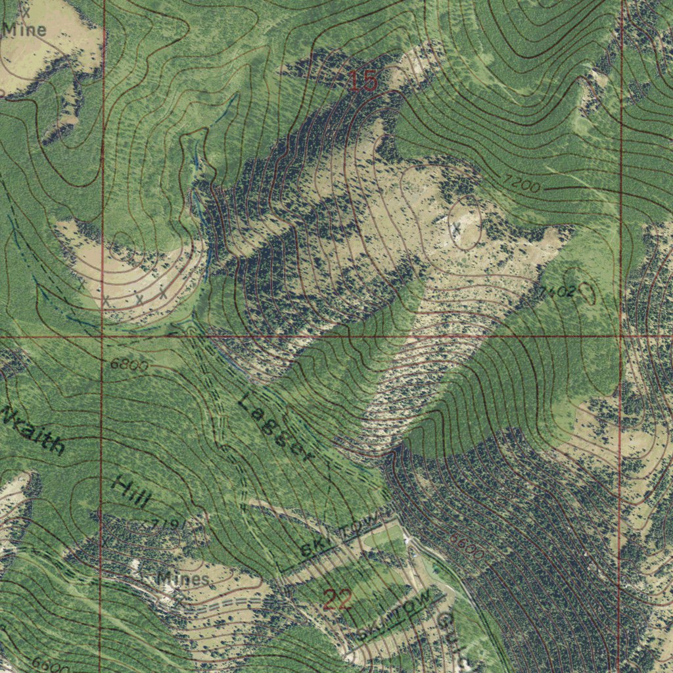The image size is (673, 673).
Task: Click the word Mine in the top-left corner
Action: (24, 30)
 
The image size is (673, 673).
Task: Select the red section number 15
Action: (362, 81)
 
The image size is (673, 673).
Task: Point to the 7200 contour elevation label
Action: (523, 185)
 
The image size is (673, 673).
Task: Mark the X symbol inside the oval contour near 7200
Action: (456, 227)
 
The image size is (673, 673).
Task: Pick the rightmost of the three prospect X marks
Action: (162, 294)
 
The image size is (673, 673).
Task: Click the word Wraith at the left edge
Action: (34, 430)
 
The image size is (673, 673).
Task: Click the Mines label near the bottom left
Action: (183, 579)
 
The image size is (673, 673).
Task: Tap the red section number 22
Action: (338, 599)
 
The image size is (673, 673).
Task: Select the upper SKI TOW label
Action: (340, 537)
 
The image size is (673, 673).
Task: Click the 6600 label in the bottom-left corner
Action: (49, 664)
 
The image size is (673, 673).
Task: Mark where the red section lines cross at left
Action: (103, 336)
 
